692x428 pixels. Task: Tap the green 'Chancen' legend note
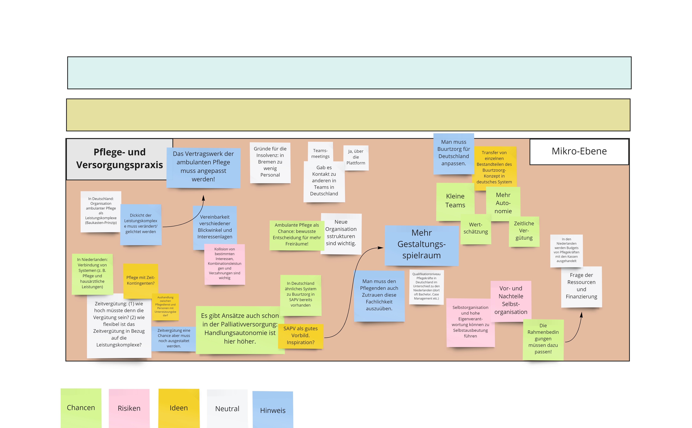81,408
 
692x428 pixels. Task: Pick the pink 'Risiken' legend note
129,408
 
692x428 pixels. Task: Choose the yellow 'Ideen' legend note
179,408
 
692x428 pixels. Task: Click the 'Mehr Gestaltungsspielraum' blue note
421,245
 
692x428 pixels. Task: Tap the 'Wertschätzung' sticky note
476,229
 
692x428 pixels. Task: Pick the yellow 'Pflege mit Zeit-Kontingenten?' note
140,281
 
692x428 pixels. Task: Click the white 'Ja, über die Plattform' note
356,158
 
